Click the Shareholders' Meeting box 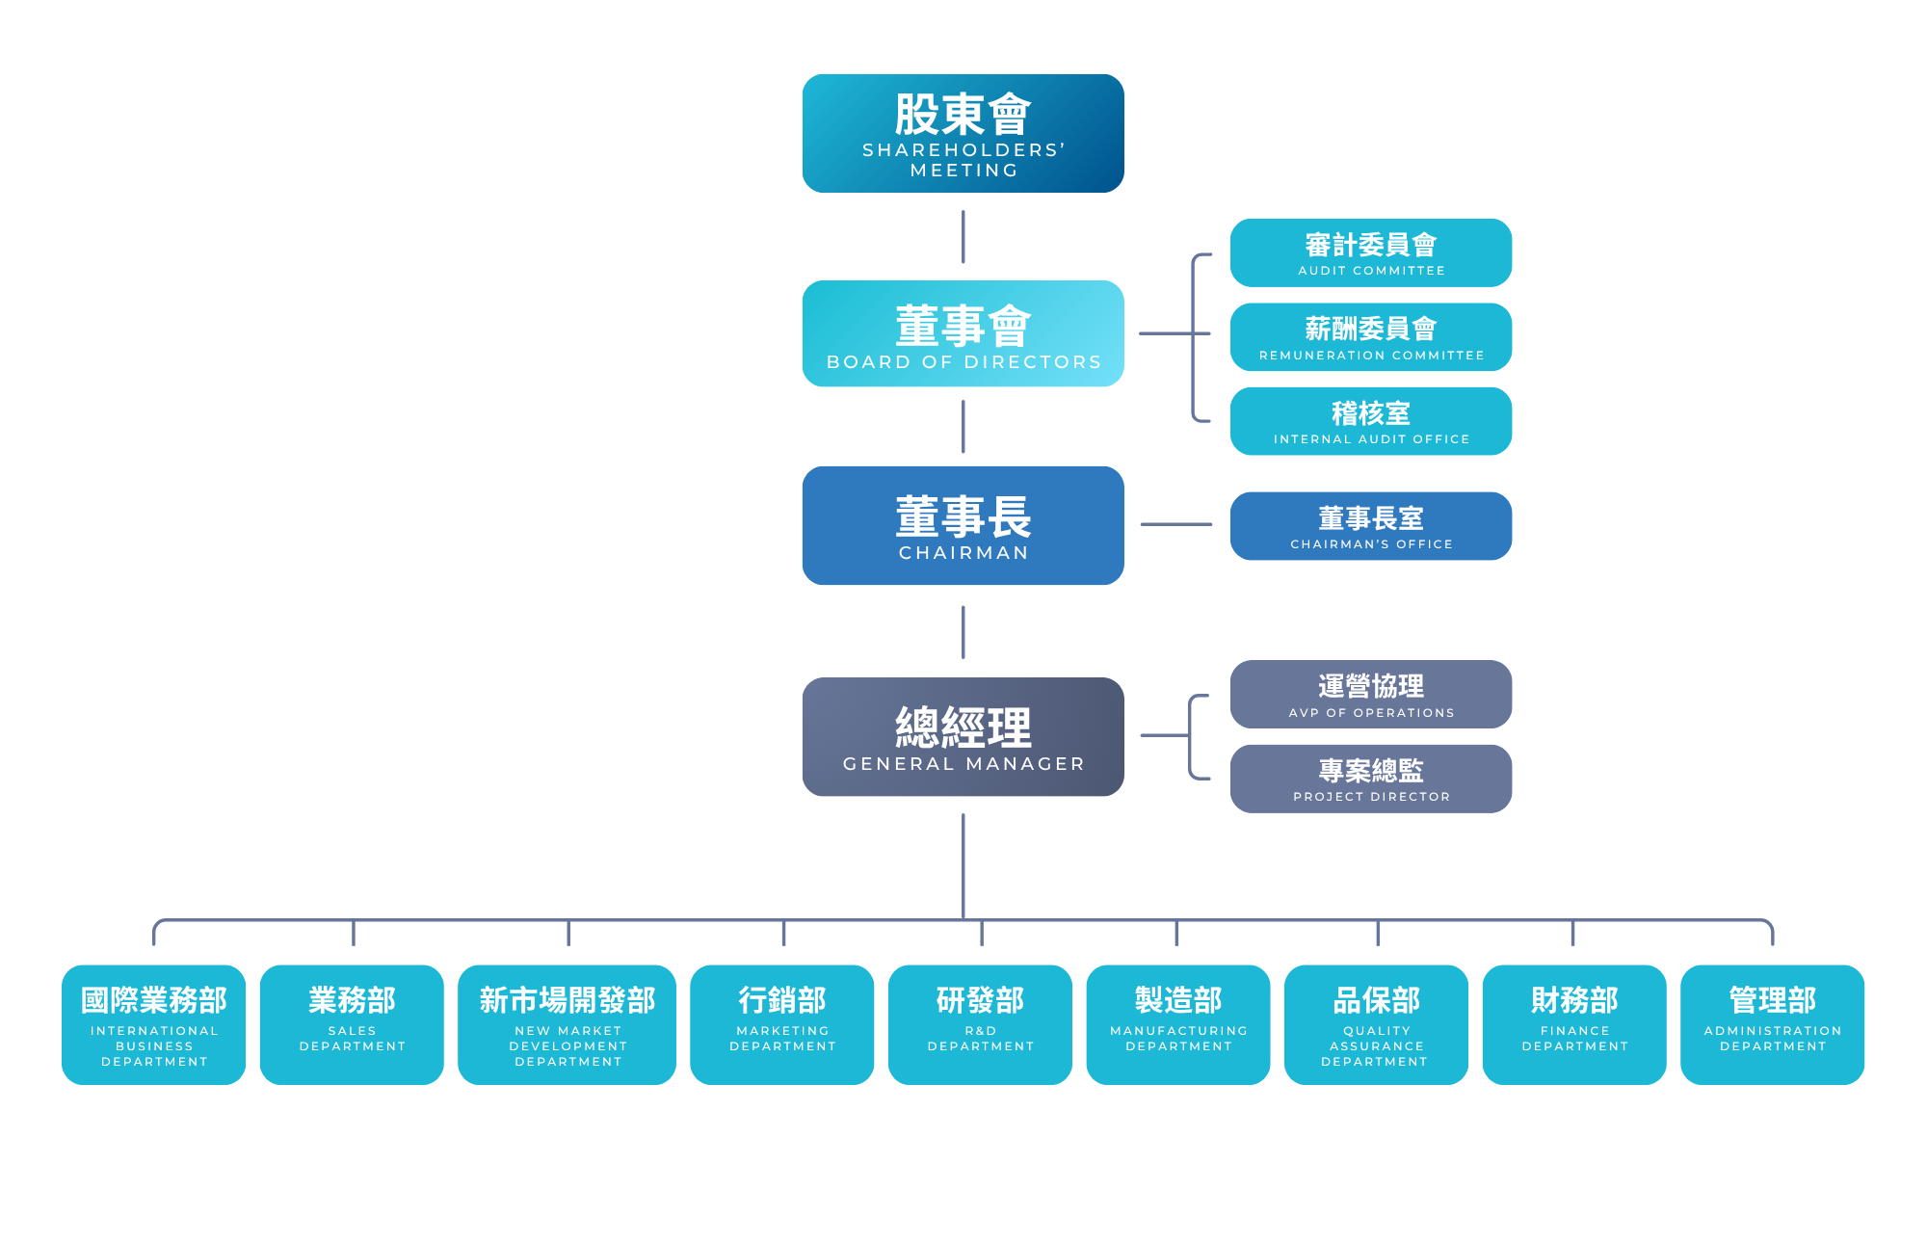coord(963,134)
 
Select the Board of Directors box coord(963,333)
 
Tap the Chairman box coord(963,525)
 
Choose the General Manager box coord(963,736)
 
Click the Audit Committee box coord(1370,252)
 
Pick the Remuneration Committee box coord(1370,337)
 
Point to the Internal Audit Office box coord(1370,421)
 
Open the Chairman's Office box coord(1370,526)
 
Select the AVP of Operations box coord(1370,694)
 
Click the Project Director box coord(1370,779)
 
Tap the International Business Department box coord(154,1024)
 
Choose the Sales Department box coord(352,1024)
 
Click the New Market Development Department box coord(568,1024)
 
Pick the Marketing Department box coord(782,1024)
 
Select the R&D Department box coord(980,1024)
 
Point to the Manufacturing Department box coord(1178,1024)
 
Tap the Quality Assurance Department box coord(1376,1024)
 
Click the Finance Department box coord(1574,1024)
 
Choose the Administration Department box coord(1772,1024)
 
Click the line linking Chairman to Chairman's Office coord(1175,524)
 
